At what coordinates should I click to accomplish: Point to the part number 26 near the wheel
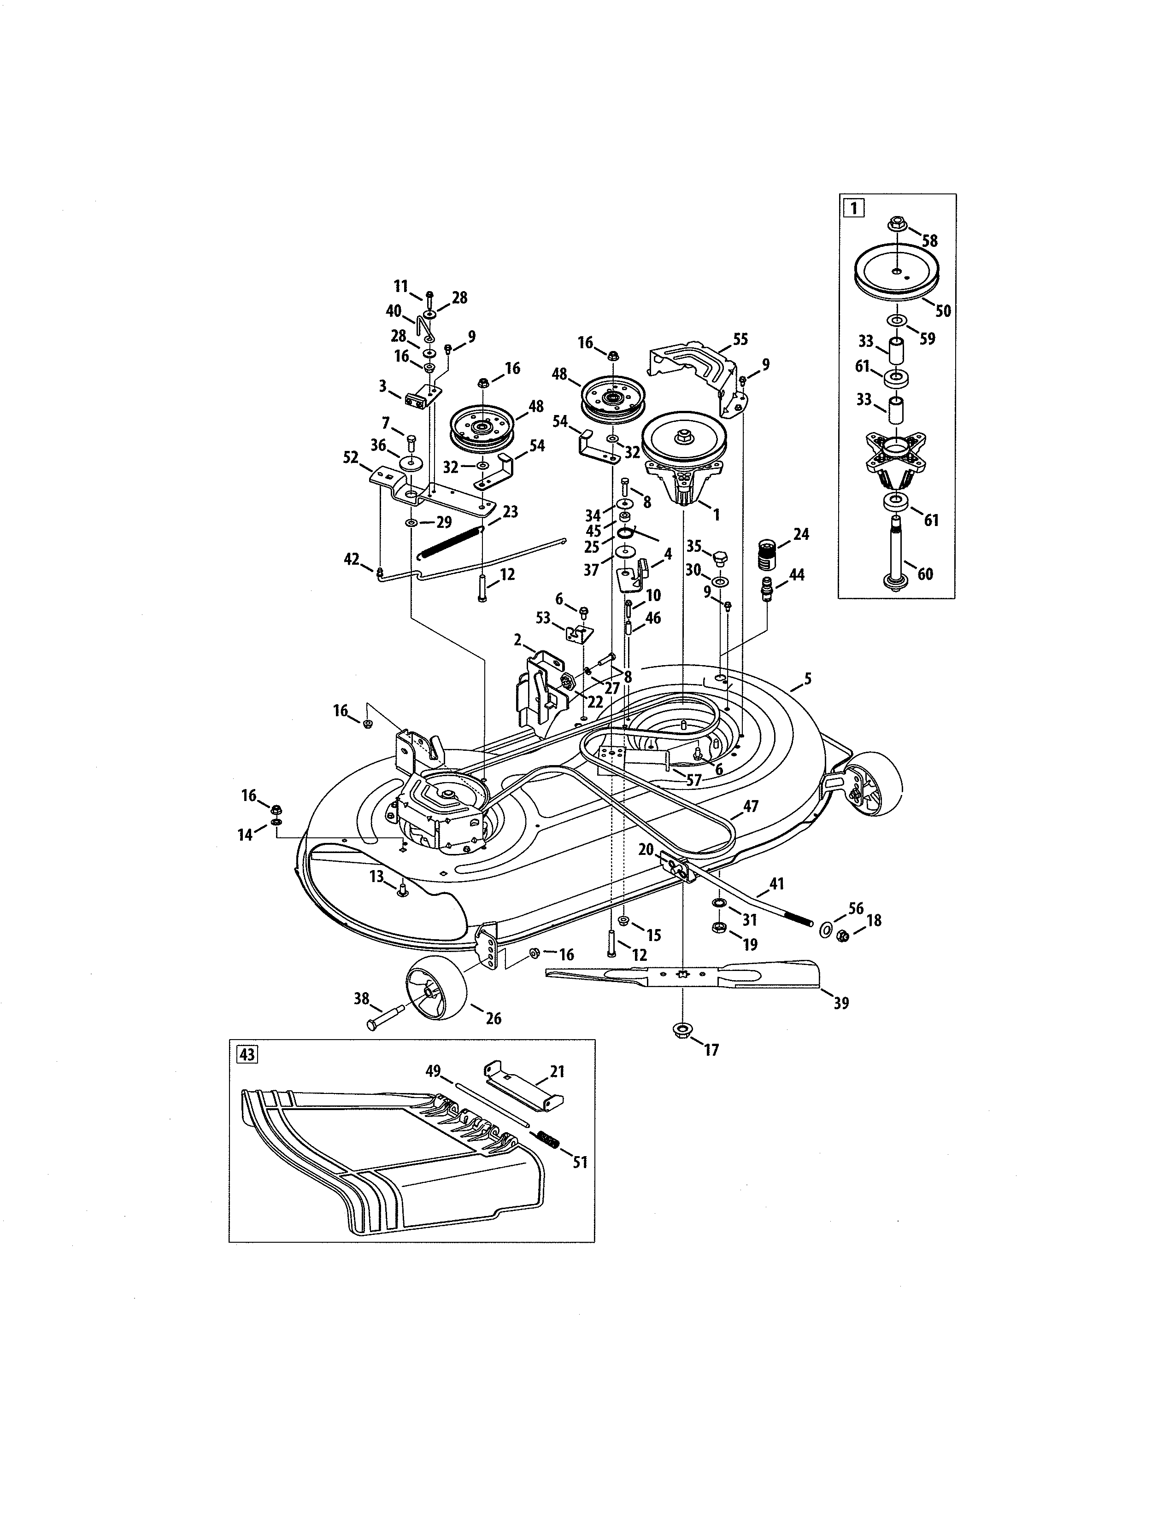coord(493,1018)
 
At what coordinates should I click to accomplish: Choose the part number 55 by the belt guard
coord(740,339)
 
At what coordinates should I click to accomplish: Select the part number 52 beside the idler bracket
coord(351,457)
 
